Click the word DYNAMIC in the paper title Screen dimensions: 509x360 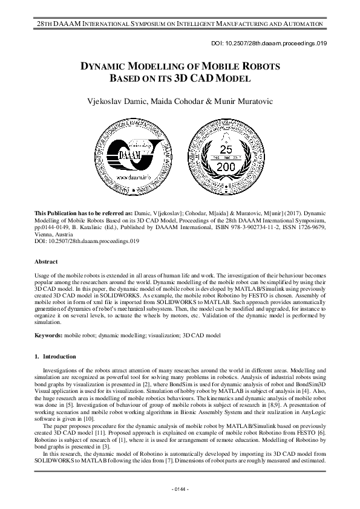(107, 66)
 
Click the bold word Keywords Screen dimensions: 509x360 (48, 334)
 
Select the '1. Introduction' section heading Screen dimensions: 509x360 (56, 357)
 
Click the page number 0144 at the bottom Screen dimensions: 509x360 (180, 488)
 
